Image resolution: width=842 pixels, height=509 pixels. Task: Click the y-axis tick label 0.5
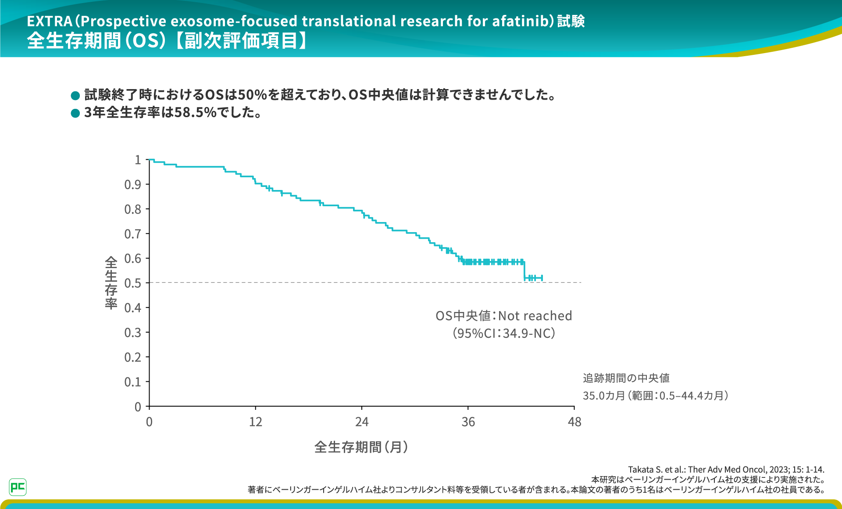(x=132, y=283)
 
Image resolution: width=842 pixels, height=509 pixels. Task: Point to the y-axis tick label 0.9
(x=132, y=185)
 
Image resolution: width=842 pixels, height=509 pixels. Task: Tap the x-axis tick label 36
(x=468, y=422)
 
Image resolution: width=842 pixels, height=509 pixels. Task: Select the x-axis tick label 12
(x=255, y=422)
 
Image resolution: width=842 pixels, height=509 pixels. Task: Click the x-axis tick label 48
(x=574, y=422)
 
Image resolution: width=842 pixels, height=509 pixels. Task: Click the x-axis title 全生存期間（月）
(x=361, y=447)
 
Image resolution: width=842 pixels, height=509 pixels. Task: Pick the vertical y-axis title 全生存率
(x=111, y=283)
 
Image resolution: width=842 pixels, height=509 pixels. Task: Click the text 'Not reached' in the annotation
(x=535, y=316)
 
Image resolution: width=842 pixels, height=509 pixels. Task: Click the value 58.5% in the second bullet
(x=196, y=113)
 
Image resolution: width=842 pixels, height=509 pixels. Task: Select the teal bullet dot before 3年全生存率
(x=75, y=113)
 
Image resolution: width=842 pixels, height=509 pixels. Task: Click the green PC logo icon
(x=18, y=487)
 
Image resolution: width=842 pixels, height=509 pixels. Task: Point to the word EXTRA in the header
(x=50, y=21)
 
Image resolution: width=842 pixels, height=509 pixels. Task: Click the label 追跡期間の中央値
(x=626, y=378)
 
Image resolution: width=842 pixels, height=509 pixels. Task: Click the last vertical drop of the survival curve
(x=524, y=270)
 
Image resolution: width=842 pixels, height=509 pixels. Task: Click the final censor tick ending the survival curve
(x=542, y=278)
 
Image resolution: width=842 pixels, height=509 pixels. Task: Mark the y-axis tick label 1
(x=138, y=160)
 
